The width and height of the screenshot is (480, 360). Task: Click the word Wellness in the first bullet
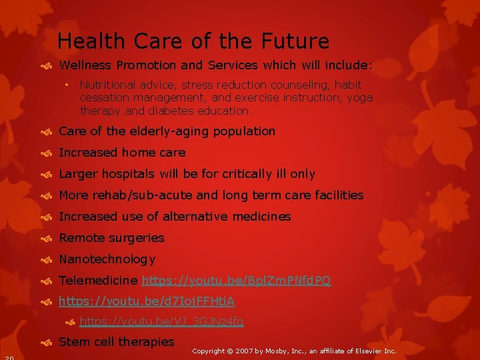(x=85, y=65)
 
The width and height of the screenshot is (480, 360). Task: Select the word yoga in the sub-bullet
(x=359, y=97)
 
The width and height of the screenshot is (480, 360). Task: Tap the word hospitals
(x=128, y=174)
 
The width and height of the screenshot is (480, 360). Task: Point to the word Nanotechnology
(x=107, y=259)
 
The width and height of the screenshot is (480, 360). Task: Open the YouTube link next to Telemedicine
(x=236, y=281)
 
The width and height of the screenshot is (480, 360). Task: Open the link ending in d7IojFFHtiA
(x=147, y=302)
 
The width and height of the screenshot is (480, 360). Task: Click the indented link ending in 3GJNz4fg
(x=161, y=322)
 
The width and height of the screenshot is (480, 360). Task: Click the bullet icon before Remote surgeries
(x=49, y=239)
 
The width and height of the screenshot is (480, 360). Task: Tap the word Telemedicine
(x=99, y=281)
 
